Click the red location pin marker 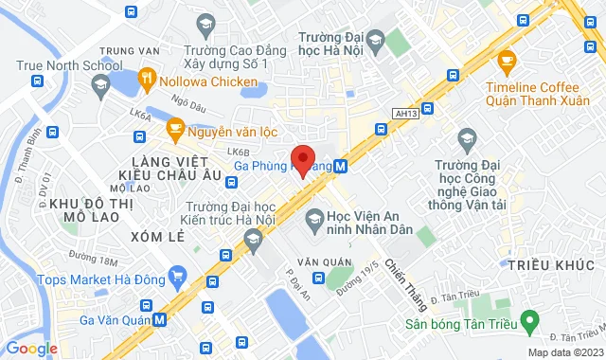coord(302,157)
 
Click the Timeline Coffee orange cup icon coord(507,63)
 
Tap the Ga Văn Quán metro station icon coord(159,319)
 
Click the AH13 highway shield coord(404,113)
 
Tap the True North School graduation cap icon coord(98,85)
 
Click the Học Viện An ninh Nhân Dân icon coord(313,221)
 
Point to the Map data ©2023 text coord(564,352)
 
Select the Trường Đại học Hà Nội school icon coord(375,39)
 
